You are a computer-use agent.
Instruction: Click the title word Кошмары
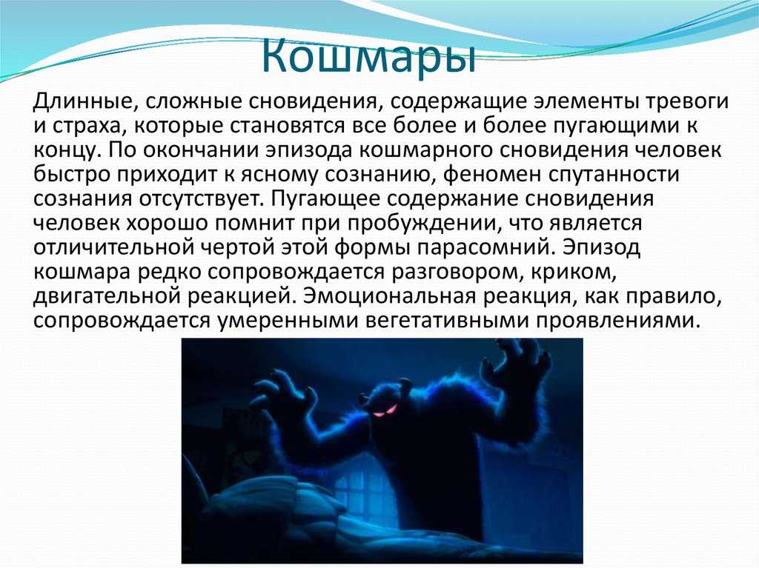click(368, 58)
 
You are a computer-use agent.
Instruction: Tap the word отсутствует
click(202, 199)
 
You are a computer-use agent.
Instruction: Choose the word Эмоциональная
click(389, 296)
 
